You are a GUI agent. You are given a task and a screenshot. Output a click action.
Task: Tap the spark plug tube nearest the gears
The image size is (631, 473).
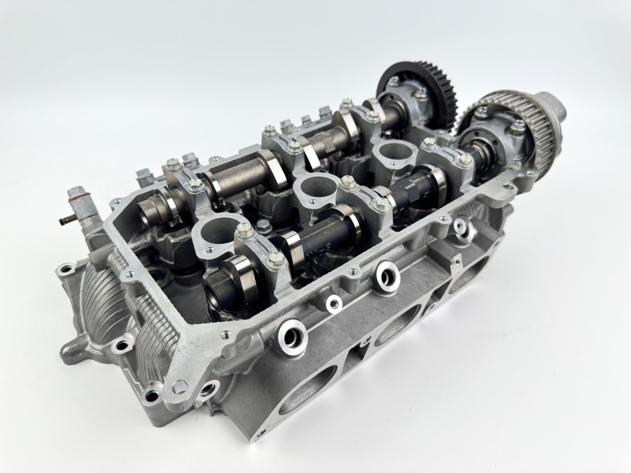click(x=393, y=151)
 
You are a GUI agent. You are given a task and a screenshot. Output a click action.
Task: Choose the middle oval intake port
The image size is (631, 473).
click(x=397, y=323)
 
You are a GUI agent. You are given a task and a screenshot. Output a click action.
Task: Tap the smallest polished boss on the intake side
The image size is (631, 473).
click(x=334, y=302)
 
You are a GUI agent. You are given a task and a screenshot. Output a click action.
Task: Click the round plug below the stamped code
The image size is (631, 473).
click(x=179, y=387)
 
